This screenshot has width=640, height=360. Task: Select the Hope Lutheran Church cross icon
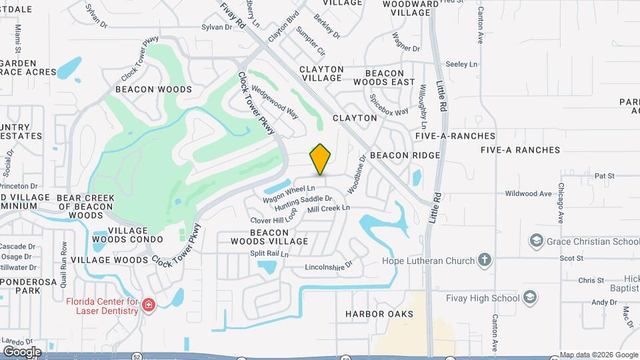point(485,261)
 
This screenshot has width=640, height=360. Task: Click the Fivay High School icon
point(530,297)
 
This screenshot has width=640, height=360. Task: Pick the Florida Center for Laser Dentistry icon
point(149,305)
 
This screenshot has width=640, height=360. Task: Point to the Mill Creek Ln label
point(328,209)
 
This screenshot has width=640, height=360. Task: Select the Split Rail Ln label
point(269,254)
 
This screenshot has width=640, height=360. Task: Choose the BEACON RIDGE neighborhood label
point(405,155)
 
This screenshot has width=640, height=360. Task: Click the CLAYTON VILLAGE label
point(321,73)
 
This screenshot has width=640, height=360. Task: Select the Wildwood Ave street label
point(529,194)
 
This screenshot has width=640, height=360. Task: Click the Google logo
point(21,351)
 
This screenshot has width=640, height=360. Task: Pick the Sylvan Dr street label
point(220,27)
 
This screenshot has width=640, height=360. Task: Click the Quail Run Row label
point(64,263)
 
